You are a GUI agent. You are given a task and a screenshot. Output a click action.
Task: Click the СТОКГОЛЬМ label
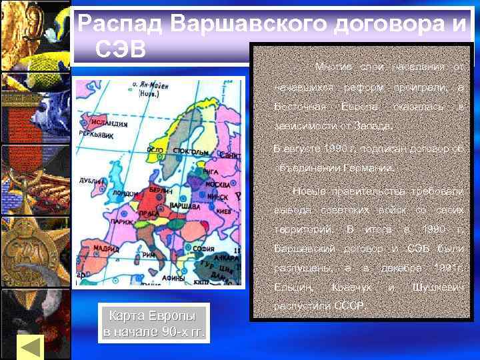187,151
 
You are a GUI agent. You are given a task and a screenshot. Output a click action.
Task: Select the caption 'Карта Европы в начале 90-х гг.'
153,323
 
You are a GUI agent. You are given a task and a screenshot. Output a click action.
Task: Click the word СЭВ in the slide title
121,49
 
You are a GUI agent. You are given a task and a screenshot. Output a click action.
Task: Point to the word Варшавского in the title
254,24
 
